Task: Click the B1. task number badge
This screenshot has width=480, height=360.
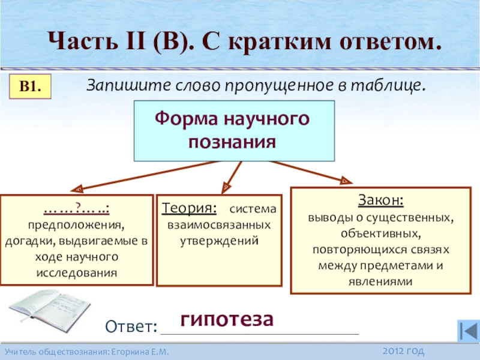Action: tap(30, 87)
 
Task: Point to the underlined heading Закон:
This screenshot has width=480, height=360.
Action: tap(381, 199)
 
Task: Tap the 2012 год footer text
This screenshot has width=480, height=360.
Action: tap(403, 350)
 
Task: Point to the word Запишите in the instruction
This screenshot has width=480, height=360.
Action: tap(116, 85)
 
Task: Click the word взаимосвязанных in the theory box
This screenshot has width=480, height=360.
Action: tap(218, 225)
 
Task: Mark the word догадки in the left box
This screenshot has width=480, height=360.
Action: tap(27, 242)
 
